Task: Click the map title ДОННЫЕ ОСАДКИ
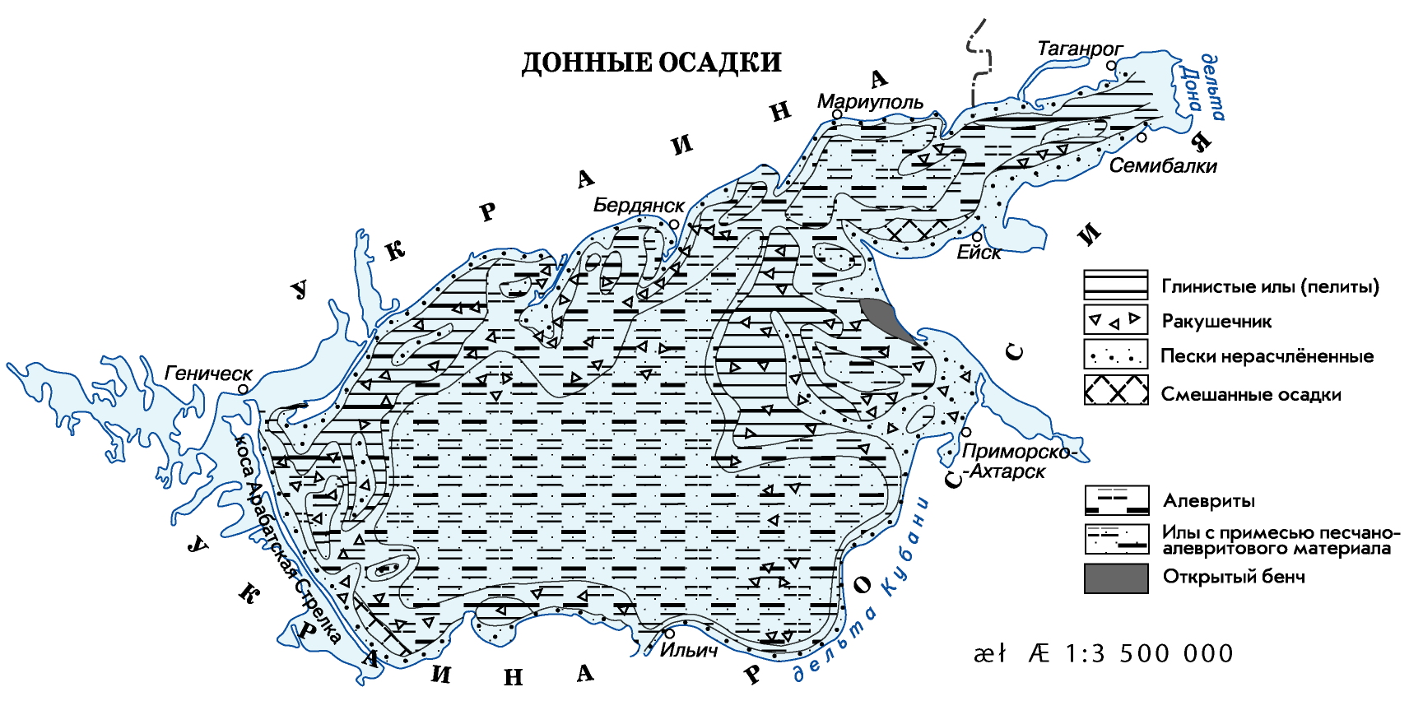pos(651,63)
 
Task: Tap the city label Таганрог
pos(1079,49)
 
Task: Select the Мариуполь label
pos(869,102)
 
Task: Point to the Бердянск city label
pos(639,206)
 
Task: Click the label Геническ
pos(208,373)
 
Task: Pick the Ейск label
pos(979,253)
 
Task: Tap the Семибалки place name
pos(1162,165)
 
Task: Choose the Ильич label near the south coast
pos(689,650)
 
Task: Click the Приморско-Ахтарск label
pos(1017,462)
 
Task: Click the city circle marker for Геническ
pos(244,388)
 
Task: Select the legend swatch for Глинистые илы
pos(1115,285)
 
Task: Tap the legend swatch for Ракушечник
pos(1115,319)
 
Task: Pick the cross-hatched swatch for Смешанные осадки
pos(1115,390)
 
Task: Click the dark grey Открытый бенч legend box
pos(1115,578)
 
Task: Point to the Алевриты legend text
pos(1208,500)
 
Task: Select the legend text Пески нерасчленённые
pos(1267,356)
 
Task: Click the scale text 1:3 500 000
pos(1149,653)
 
